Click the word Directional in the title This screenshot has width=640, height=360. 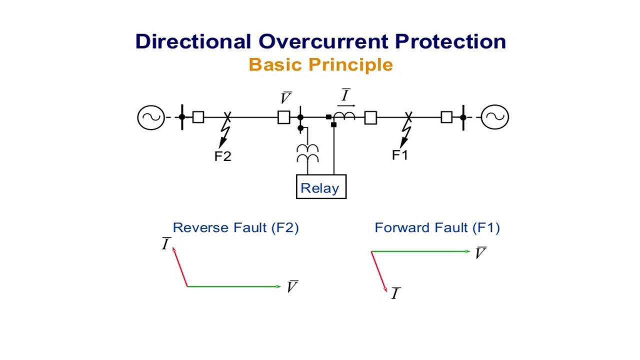[x=192, y=41]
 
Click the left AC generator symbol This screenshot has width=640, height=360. [x=150, y=117]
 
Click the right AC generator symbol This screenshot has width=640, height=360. [x=495, y=117]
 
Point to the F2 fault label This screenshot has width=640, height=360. [x=222, y=156]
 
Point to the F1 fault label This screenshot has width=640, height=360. [x=400, y=155]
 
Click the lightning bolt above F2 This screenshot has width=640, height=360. [x=224, y=133]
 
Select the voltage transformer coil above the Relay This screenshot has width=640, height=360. [x=307, y=153]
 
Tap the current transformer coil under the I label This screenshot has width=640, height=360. [x=344, y=116]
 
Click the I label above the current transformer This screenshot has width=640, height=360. [x=345, y=95]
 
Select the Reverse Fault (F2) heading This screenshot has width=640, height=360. [x=235, y=228]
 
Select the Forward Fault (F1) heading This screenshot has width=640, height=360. [x=437, y=228]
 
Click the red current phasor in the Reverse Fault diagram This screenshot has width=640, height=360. [x=180, y=267]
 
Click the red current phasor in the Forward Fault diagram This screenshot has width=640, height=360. [x=379, y=271]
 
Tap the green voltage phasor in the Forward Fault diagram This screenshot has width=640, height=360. [x=420, y=251]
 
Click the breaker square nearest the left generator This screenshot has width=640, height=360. [x=198, y=117]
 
